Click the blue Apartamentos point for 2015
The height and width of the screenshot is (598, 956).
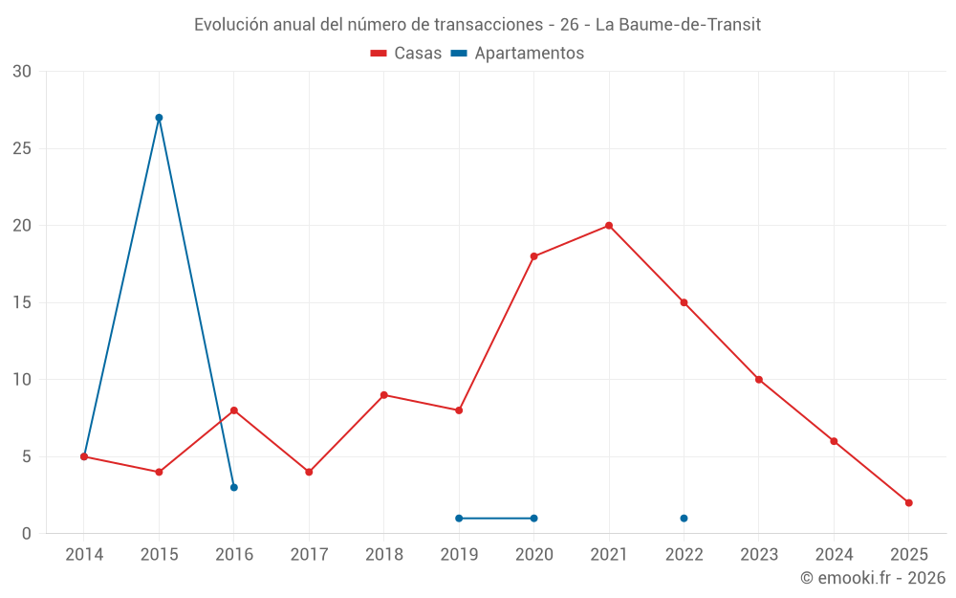tap(159, 118)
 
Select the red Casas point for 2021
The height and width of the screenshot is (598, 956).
tap(609, 226)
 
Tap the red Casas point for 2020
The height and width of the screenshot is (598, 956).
tap(533, 256)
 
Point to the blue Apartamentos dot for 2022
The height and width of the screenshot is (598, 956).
tap(684, 519)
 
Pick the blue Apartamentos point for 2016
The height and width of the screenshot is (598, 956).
tap(234, 487)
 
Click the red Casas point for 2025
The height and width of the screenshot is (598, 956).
tap(909, 502)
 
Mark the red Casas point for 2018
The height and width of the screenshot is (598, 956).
tap(383, 395)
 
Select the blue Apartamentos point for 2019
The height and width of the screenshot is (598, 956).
tap(459, 519)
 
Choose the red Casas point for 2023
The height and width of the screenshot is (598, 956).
tap(759, 380)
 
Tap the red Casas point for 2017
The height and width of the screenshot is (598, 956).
tap(309, 472)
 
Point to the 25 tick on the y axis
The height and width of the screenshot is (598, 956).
tap(21, 148)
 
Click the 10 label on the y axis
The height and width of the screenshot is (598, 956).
tap(21, 380)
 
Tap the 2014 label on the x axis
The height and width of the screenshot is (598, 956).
tap(84, 554)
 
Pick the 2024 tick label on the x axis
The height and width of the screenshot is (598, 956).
tap(834, 554)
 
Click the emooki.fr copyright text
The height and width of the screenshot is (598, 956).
tap(873, 578)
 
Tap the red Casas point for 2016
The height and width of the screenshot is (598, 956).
tap(234, 410)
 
